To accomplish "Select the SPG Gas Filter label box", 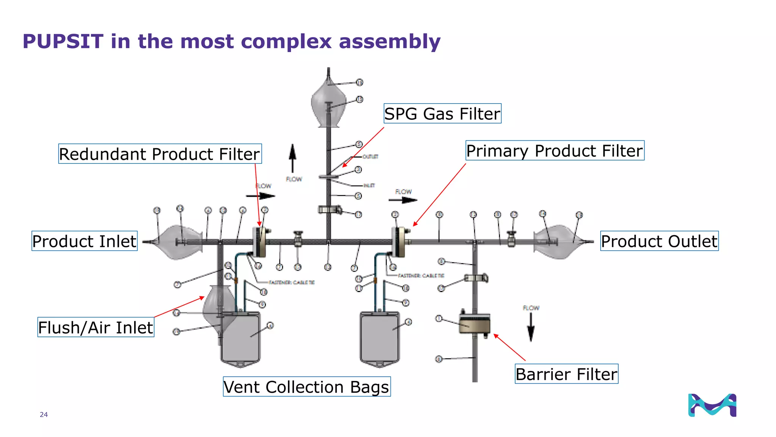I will pos(442,113).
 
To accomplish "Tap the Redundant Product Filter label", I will pos(160,154).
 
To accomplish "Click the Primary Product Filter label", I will pos(554,150).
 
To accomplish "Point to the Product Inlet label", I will pos(84,241).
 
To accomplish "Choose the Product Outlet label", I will pos(659,241).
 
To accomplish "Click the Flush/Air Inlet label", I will pos(95,327).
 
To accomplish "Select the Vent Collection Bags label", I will pos(306,387).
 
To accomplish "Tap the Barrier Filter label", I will pos(566,374).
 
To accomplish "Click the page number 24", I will pos(44,415).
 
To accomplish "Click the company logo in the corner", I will pos(712,405).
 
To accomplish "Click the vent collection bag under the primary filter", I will pos(379,338).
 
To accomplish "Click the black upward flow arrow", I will pos(292,158).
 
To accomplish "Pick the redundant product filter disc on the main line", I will pos(260,242).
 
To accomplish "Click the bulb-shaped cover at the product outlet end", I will pos(557,242).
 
